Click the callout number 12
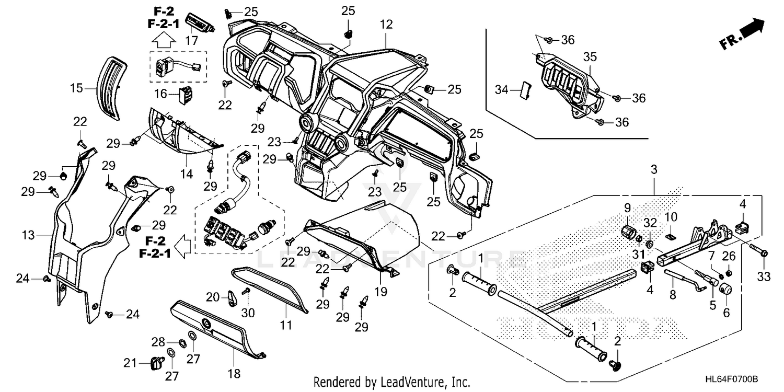(386, 25)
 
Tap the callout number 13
(28, 235)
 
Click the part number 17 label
(191, 41)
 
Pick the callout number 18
(234, 374)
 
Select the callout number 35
(590, 56)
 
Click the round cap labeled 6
(725, 290)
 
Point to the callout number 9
(628, 208)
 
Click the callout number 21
(130, 363)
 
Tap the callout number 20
(212, 297)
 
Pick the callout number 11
(285, 325)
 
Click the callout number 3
(654, 170)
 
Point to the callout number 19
(381, 291)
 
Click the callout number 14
(187, 174)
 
